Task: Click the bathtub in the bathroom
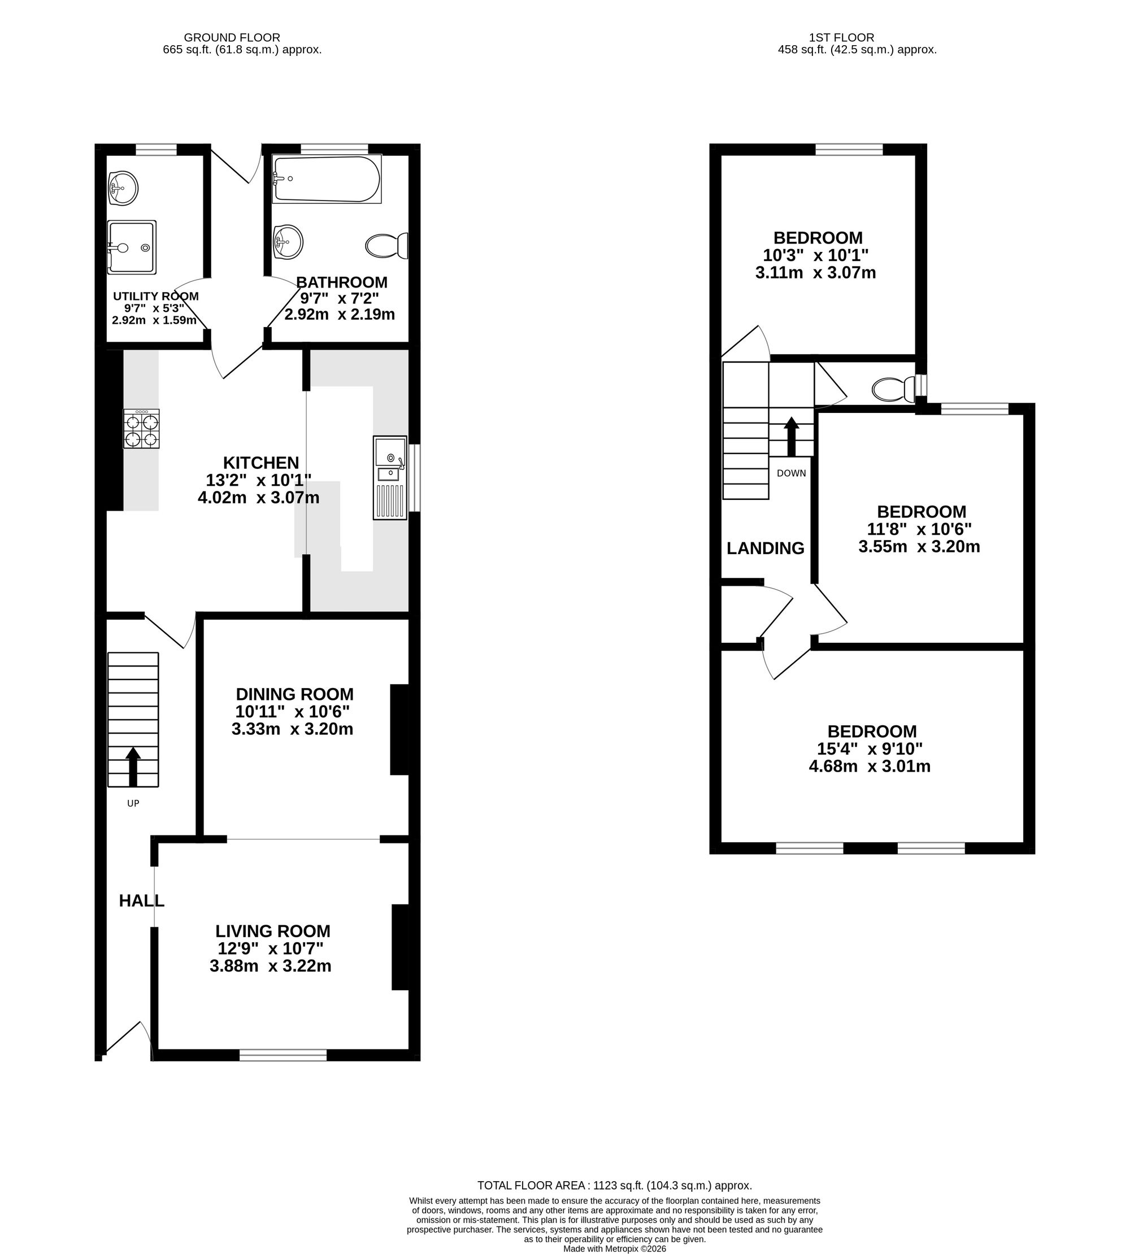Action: pos(327,179)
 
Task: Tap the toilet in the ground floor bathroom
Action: pos(387,246)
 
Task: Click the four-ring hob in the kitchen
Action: pos(142,428)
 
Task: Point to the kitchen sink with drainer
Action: pos(390,477)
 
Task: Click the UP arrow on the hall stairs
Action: pos(133,766)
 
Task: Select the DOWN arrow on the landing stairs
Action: pos(791,437)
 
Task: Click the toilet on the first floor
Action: pos(894,389)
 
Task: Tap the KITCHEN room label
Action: pos(261,463)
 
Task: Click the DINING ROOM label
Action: pos(294,694)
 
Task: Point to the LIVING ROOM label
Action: pos(273,931)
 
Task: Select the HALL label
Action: pos(142,901)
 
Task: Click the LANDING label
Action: pos(766,548)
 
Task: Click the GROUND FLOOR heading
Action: pos(232,38)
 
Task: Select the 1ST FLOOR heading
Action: pos(841,38)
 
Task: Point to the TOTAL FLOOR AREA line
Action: pos(615,1185)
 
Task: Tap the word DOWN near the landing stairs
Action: pos(792,473)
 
